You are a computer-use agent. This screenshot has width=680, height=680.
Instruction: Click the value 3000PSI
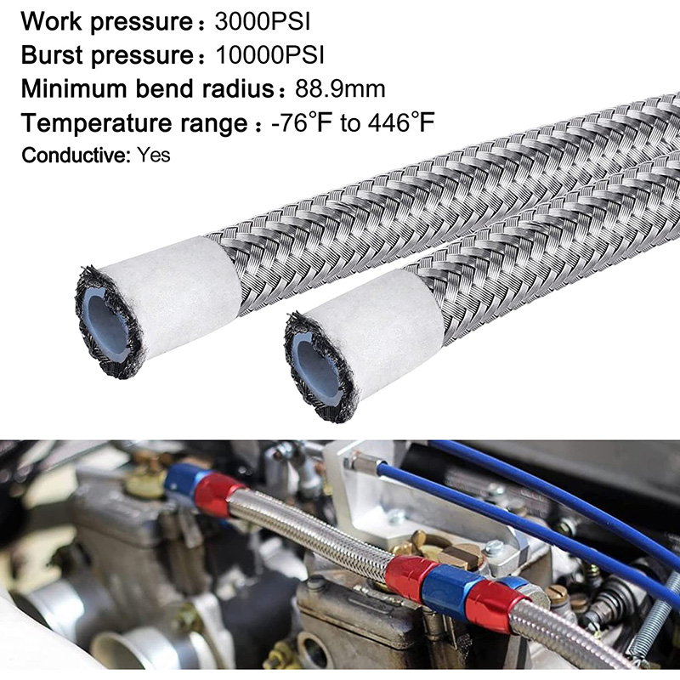263,22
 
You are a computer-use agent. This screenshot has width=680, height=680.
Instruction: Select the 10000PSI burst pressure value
269,55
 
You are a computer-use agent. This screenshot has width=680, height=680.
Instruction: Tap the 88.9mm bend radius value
340,89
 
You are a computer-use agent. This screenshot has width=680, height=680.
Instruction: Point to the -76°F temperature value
302,122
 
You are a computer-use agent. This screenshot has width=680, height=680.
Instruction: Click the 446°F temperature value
401,122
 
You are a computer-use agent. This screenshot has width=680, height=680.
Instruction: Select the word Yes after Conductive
154,155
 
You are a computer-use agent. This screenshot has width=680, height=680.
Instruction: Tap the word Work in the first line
51,22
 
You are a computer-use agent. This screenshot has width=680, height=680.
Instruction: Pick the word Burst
52,55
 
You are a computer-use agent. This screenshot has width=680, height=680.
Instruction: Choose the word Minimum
75,89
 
